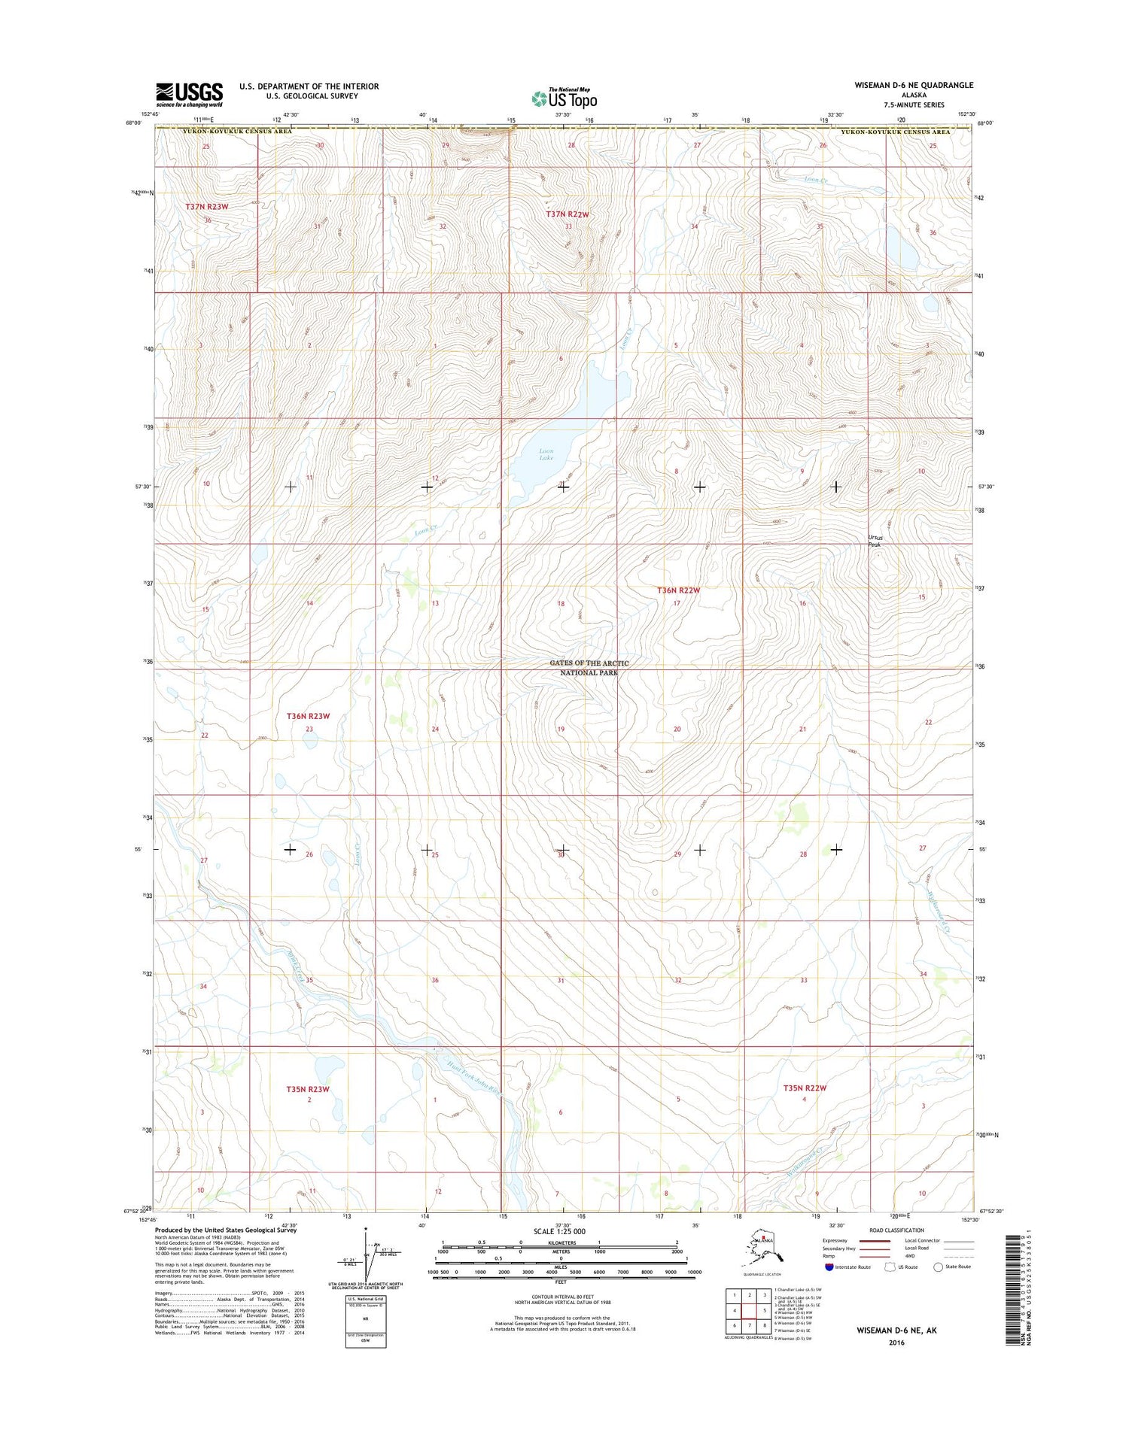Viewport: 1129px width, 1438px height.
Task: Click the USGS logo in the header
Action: click(x=189, y=95)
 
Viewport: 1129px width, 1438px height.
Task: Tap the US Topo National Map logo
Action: click(x=564, y=98)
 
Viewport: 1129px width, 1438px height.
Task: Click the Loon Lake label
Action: click(x=546, y=454)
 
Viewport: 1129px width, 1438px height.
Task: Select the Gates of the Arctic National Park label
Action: click(x=589, y=668)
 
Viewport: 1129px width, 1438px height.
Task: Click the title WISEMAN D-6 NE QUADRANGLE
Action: click(x=913, y=85)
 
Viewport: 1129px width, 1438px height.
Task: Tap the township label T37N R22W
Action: click(x=568, y=214)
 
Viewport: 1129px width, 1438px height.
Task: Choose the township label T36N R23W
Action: click(x=308, y=716)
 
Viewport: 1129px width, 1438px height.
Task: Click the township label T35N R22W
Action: click(x=805, y=1088)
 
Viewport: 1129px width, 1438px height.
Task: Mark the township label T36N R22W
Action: click(x=678, y=590)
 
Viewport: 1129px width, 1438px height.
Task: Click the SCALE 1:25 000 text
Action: click(x=559, y=1231)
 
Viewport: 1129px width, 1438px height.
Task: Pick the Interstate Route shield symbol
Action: click(x=829, y=1267)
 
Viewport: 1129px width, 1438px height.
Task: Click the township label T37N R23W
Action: click(x=207, y=206)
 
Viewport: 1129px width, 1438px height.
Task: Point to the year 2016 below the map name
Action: click(x=896, y=1342)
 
